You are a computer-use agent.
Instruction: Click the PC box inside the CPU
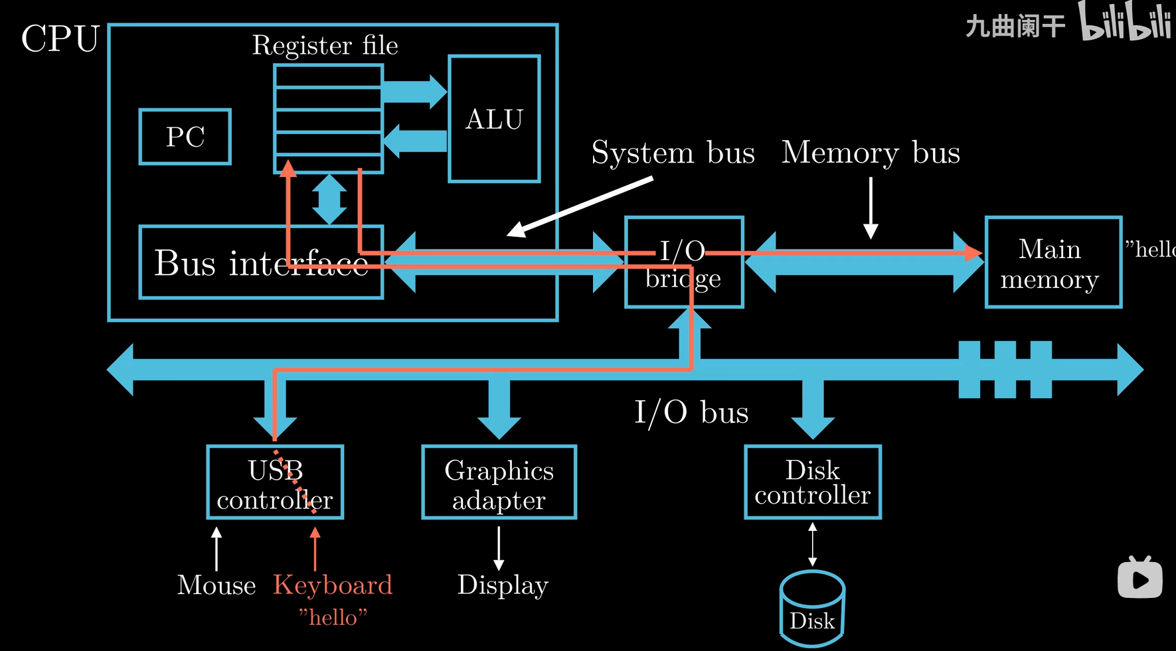185,137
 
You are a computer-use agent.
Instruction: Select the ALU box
494,119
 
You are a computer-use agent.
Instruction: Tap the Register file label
325,45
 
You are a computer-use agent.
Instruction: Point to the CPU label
60,39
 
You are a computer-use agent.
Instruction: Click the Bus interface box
261,263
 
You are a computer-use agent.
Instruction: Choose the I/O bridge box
684,263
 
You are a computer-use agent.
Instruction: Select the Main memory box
1053,263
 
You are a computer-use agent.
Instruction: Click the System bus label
673,153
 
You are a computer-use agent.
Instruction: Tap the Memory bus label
871,153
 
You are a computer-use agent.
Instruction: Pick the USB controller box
275,482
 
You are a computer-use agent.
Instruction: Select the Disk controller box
813,482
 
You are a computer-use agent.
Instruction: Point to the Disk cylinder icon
812,609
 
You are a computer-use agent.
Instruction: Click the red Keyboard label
333,585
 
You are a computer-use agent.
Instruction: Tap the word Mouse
216,585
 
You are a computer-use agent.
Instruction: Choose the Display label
503,585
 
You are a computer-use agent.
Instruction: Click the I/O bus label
691,412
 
